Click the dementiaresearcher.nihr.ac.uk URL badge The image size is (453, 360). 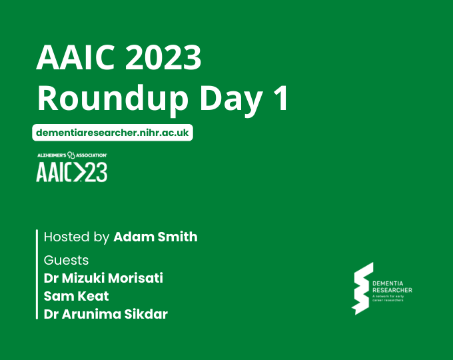[x=112, y=133]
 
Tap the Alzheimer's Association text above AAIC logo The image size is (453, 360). [x=72, y=155]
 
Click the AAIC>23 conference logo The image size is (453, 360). [x=72, y=171]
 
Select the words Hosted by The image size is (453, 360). [x=77, y=237]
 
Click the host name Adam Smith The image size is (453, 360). [x=155, y=237]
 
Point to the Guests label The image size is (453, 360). [x=66, y=259]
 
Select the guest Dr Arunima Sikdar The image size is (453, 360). [x=105, y=314]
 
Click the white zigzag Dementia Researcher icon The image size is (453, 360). [x=362, y=288]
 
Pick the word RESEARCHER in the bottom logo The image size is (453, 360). [x=393, y=290]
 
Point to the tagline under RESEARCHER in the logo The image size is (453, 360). [x=393, y=298]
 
